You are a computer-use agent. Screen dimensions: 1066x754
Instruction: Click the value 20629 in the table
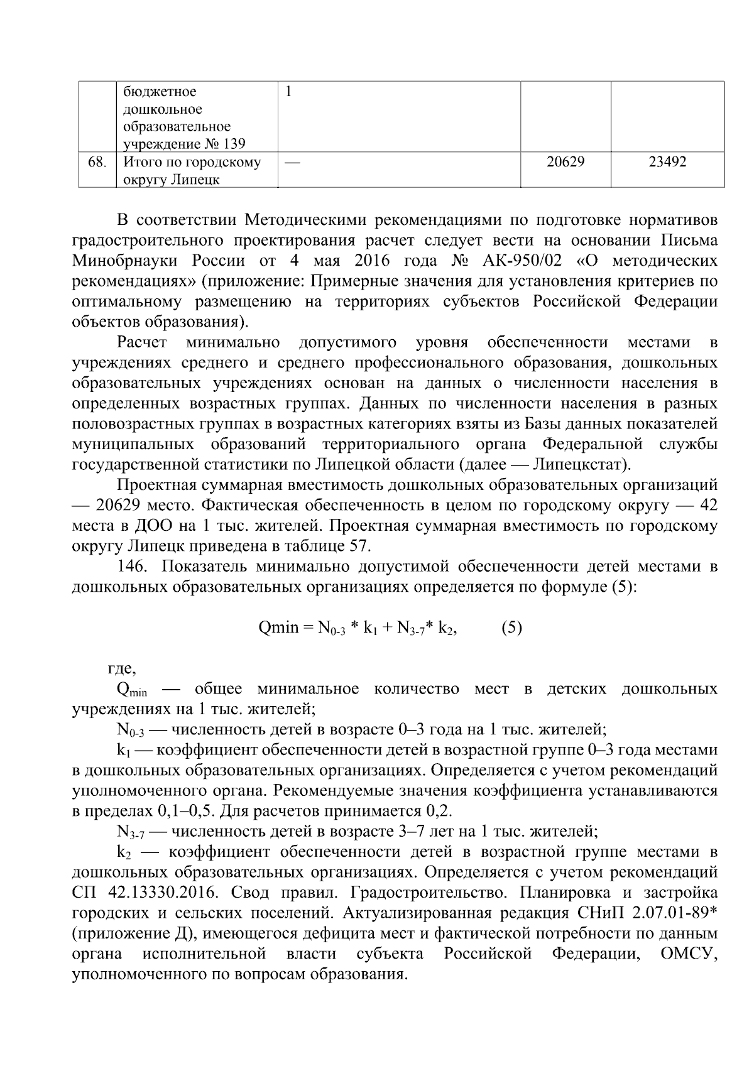(565, 162)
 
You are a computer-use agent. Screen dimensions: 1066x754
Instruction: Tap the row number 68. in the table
(96, 162)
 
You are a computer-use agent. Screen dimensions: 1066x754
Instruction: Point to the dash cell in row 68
(292, 163)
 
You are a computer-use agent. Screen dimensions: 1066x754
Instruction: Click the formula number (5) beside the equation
(511, 628)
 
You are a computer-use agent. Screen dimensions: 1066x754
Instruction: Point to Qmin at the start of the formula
(278, 628)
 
